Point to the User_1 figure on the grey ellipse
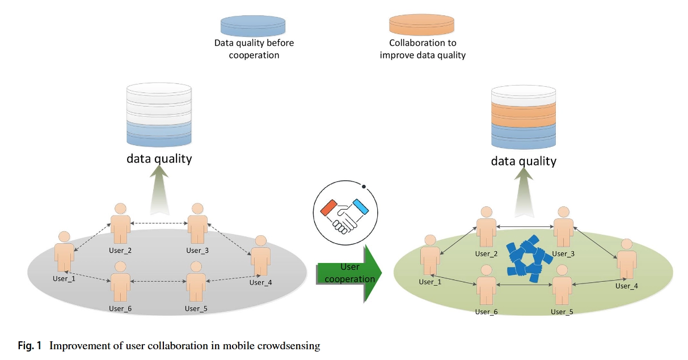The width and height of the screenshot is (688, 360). coord(64,252)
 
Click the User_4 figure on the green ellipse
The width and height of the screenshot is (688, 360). coord(626,259)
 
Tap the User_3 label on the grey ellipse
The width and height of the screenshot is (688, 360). coord(197,250)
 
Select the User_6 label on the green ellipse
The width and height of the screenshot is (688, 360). coord(486,312)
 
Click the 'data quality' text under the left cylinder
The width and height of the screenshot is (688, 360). coord(159,158)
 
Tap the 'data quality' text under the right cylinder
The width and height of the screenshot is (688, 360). coord(524,161)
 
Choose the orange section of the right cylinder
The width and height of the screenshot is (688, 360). coord(523,115)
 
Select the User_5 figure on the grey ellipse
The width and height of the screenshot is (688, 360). coord(196,282)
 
